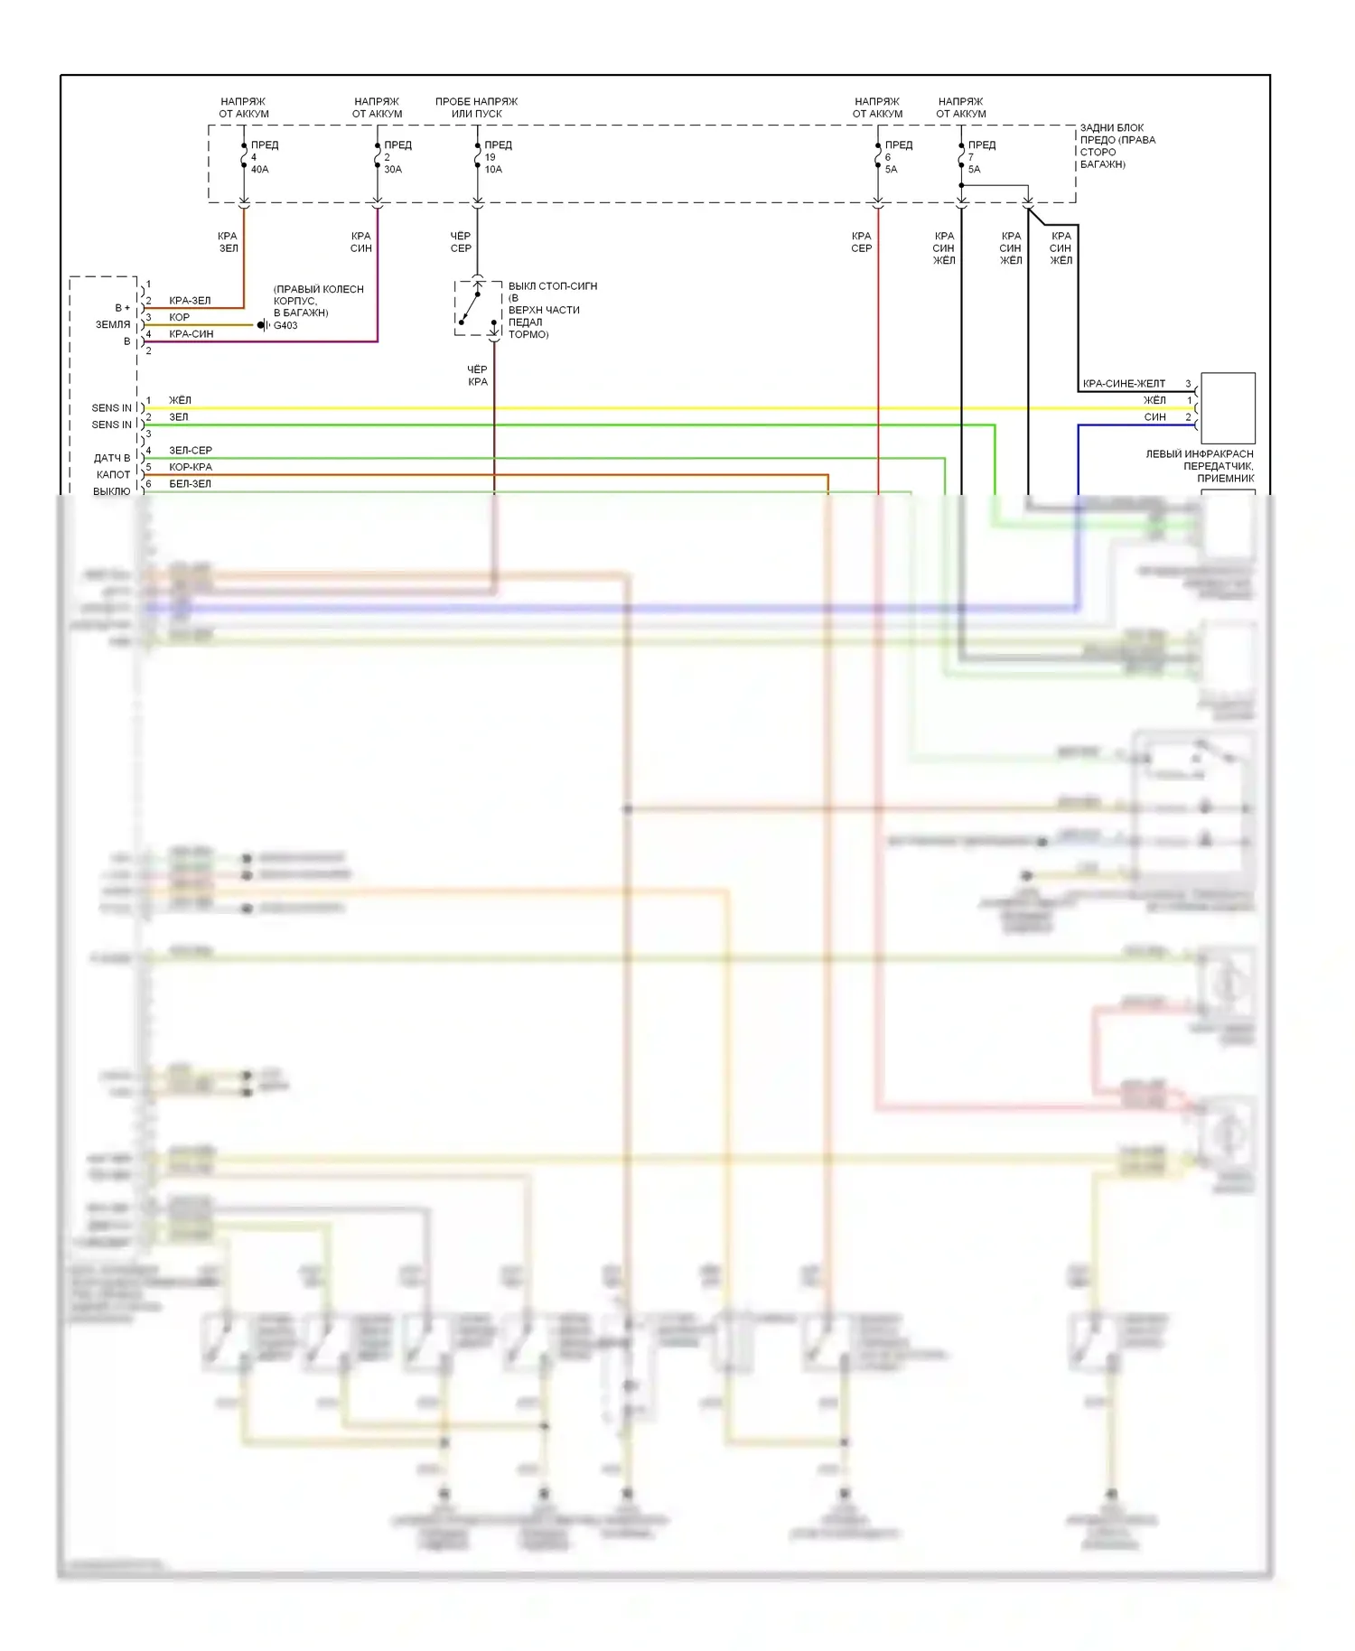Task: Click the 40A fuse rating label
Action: [x=259, y=170]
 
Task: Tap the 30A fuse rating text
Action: [x=393, y=170]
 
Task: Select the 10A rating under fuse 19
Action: [x=493, y=170]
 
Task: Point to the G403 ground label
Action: [x=285, y=325]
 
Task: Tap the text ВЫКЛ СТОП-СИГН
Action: [x=552, y=286]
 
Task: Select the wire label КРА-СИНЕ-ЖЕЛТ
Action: [x=1124, y=384]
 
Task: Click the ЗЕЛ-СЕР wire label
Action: [x=191, y=450]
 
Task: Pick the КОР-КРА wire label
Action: [x=191, y=467]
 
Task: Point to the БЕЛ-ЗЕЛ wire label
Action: [x=190, y=484]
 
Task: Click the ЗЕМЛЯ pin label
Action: [x=113, y=325]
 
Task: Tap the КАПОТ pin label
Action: [x=114, y=475]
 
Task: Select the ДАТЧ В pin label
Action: [x=112, y=458]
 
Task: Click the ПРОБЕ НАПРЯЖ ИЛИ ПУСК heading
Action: [x=476, y=107]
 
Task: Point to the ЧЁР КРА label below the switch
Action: [x=477, y=376]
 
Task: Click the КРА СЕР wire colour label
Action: [x=861, y=242]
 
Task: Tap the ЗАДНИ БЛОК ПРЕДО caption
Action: [x=1117, y=146]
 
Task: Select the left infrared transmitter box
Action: [x=1227, y=407]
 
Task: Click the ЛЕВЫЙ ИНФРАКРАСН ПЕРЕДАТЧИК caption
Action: [x=1200, y=466]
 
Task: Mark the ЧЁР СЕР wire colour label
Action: [x=461, y=242]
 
